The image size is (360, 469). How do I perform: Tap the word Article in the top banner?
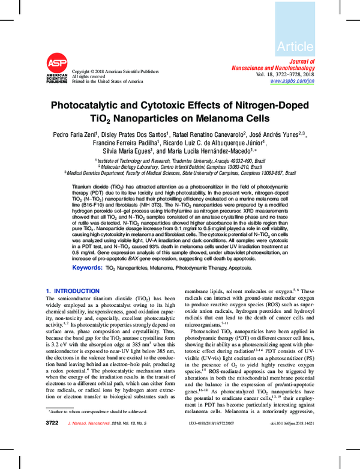click(x=295, y=46)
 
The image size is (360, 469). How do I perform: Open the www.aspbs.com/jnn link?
click(x=292, y=80)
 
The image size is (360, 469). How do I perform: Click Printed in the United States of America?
click(x=107, y=80)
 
